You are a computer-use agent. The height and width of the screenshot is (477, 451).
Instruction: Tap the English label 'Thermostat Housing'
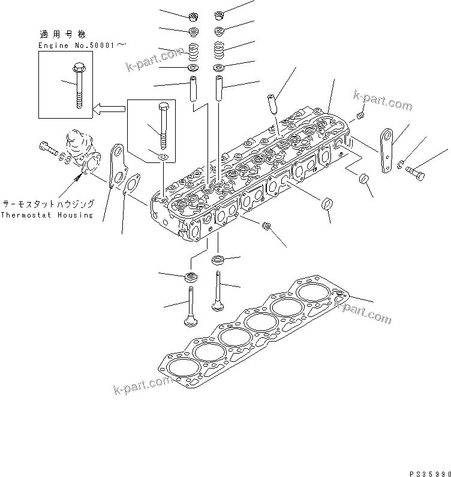click(x=47, y=215)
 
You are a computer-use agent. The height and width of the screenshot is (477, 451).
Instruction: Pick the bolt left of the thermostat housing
click(x=46, y=146)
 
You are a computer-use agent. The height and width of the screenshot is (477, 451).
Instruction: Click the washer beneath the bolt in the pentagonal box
click(x=164, y=157)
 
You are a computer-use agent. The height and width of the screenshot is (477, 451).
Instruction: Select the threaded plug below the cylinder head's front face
click(x=267, y=227)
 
